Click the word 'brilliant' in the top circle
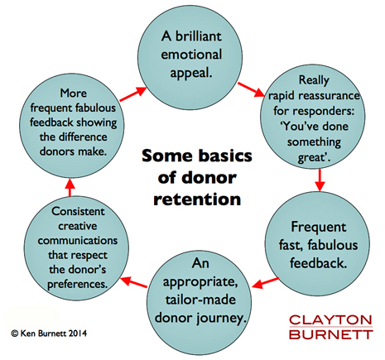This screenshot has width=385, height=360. [x=199, y=36]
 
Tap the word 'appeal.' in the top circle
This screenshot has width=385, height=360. [x=191, y=73]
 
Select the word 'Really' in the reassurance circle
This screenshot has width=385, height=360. [x=314, y=80]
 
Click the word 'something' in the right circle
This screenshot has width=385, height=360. [x=314, y=142]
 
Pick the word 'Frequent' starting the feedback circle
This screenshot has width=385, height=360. [x=319, y=228]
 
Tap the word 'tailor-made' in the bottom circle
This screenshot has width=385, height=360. [x=200, y=300]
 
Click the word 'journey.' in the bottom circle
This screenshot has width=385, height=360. [x=221, y=319]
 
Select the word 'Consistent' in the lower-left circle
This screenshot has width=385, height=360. [x=78, y=212]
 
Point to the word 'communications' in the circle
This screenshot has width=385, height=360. [x=78, y=241]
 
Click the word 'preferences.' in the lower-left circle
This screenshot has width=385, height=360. [x=78, y=285]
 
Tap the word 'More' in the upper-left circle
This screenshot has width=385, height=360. [x=74, y=94]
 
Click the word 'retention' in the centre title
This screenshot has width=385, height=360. [x=197, y=199]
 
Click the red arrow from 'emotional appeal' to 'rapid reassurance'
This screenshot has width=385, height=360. [x=252, y=89]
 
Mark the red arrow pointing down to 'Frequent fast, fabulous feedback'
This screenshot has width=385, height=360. [x=320, y=180]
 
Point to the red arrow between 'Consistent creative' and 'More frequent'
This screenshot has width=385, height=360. [x=70, y=187]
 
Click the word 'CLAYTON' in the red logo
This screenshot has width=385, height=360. [x=330, y=320]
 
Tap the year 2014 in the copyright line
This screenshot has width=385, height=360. [x=78, y=334]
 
